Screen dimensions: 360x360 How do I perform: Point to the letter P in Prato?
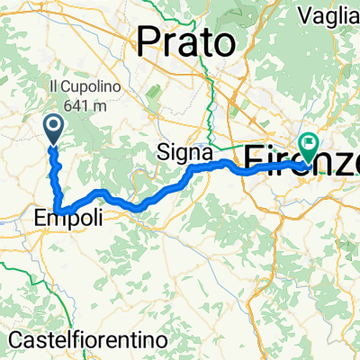point(148,40)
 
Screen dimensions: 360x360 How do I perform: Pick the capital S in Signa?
point(163,150)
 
